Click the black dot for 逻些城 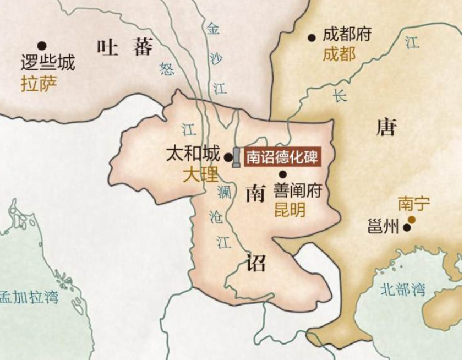pyautogui.click(x=41, y=46)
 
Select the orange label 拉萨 pyautogui.click(x=39, y=84)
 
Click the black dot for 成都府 pyautogui.click(x=312, y=38)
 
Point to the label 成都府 pyautogui.click(x=347, y=35)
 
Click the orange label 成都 pyautogui.click(x=339, y=54)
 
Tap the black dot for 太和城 pyautogui.click(x=228, y=157)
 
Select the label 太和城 pyautogui.click(x=193, y=154)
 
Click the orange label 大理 pyautogui.click(x=200, y=175)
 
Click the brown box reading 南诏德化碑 pyautogui.click(x=281, y=157)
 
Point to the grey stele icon pyautogui.click(x=236, y=157)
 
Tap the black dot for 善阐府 pyautogui.click(x=282, y=174)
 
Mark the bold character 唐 pyautogui.click(x=386, y=128)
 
